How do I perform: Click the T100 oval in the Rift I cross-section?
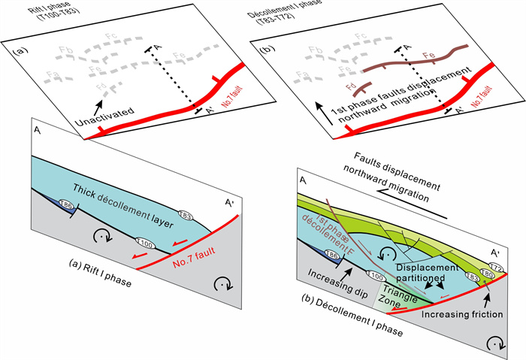point(144,243)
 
